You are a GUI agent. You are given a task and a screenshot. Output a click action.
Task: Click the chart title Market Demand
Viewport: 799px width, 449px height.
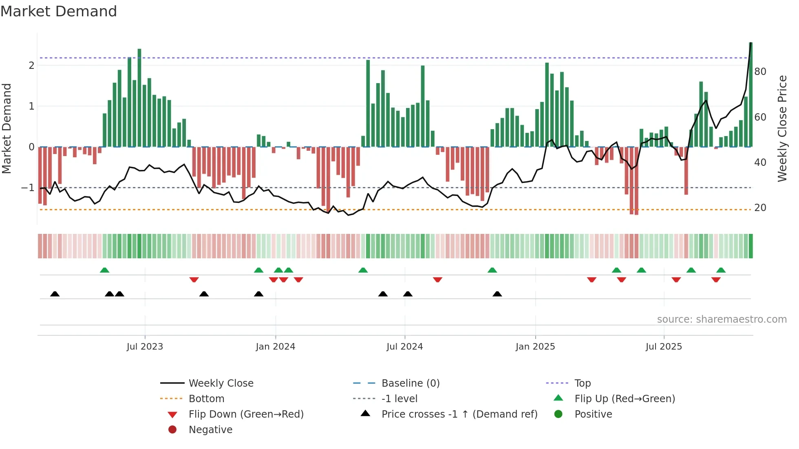pos(59,11)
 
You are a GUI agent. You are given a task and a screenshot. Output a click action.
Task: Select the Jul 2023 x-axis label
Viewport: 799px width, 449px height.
pos(145,347)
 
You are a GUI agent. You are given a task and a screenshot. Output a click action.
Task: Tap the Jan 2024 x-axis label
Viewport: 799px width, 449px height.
pos(275,347)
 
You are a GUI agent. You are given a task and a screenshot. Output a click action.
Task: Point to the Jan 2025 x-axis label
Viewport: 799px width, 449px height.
pos(535,347)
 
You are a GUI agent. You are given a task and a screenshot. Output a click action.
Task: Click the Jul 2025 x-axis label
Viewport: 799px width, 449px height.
pos(664,347)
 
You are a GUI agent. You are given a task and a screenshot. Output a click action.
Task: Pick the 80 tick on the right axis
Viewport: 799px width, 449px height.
pos(760,72)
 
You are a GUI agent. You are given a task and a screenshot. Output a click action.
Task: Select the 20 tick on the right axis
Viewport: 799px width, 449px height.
pos(760,208)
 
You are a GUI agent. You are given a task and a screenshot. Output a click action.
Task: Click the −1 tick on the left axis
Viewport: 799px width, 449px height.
pos(28,188)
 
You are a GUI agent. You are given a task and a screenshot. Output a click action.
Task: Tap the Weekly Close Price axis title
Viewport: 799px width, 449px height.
pos(782,128)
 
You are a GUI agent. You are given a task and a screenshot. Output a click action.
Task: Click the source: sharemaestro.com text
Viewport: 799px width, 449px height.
pos(722,319)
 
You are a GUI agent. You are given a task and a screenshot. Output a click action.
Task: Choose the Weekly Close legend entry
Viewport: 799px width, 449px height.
pos(221,383)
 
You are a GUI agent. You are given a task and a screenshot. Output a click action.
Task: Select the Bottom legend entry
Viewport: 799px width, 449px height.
pos(206,399)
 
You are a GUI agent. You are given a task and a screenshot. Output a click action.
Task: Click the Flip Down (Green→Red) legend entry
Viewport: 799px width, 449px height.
pos(246,414)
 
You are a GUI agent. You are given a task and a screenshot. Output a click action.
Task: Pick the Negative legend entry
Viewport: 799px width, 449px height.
pos(210,430)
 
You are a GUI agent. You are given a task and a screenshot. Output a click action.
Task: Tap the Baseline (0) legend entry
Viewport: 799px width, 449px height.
pos(410,383)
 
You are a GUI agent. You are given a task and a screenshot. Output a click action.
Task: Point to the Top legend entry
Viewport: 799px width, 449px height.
pos(582,383)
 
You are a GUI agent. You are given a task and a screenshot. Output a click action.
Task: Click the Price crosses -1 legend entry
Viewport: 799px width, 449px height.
pos(459,414)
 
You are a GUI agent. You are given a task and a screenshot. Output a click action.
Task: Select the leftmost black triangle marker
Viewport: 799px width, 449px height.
pos(55,294)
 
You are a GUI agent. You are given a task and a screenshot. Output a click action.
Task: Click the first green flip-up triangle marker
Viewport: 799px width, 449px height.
pos(105,270)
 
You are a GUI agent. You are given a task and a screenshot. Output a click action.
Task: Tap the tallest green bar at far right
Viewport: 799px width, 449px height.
pos(750,94)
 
